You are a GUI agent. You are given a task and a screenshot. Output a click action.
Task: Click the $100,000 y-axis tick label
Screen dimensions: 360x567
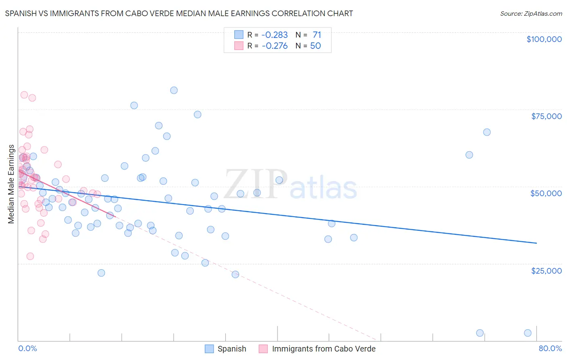tap(544, 39)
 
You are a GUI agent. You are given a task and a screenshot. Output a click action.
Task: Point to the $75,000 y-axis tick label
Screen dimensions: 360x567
tap(546, 116)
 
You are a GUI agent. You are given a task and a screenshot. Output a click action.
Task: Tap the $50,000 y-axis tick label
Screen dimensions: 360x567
tap(546, 193)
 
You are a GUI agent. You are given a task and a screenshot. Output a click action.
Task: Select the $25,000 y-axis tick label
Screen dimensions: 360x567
tap(546, 270)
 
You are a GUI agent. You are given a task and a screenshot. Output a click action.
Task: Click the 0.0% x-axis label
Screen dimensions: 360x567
tap(27, 348)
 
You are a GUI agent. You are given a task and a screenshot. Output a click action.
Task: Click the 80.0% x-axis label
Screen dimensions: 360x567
tap(550, 348)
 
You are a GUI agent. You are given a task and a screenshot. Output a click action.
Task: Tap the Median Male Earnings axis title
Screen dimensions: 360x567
tap(11, 184)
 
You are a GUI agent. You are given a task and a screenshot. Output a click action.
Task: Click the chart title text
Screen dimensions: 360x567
tap(179, 14)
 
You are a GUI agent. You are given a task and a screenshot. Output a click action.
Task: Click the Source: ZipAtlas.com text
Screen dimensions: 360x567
tap(531, 14)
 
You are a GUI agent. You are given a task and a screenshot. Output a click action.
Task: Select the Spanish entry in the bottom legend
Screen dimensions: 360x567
tap(231, 349)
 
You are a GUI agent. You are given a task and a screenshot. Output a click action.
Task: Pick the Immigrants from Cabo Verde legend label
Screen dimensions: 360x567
tap(323, 349)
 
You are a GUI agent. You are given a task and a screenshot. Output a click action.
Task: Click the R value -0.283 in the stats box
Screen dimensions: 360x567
tap(275, 35)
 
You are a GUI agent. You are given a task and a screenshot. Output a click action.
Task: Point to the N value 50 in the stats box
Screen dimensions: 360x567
tap(315, 46)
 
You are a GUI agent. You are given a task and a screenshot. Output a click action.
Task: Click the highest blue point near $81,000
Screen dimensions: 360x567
tap(174, 90)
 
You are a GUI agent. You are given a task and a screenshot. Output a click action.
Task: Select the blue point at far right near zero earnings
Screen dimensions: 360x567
tap(527, 333)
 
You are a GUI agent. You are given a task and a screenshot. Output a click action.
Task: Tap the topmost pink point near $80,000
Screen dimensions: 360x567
tap(24, 95)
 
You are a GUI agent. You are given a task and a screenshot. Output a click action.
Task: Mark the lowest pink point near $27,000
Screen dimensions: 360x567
tap(30, 256)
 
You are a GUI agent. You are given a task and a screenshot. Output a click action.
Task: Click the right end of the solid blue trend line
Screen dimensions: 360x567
tap(536, 243)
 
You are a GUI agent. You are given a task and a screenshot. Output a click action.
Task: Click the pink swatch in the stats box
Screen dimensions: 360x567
tap(239, 46)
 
